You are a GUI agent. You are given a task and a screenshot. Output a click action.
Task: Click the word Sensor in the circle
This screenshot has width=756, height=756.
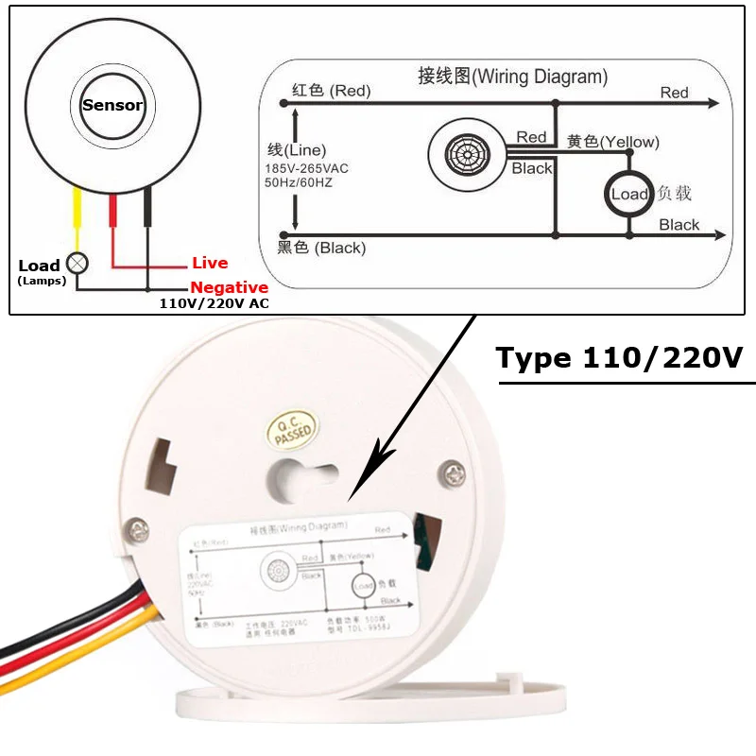pyautogui.click(x=112, y=105)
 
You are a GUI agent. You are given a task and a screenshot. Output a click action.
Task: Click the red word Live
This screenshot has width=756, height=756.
pyautogui.click(x=210, y=264)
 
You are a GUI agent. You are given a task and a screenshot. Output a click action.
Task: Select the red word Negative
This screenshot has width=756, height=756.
pyautogui.click(x=230, y=287)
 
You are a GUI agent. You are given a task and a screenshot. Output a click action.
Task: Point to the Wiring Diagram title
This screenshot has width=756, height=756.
pyautogui.click(x=512, y=77)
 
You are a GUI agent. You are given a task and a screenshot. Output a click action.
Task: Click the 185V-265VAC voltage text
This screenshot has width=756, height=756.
pyautogui.click(x=306, y=168)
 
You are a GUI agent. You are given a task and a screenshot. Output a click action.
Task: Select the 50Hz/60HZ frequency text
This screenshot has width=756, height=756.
pyautogui.click(x=299, y=182)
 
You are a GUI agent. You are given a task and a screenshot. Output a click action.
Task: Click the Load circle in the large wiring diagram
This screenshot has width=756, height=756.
pyautogui.click(x=628, y=194)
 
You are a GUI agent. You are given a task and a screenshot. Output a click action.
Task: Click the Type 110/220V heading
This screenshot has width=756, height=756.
pyautogui.click(x=620, y=359)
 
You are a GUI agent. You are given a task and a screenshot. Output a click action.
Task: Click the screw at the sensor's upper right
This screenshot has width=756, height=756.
pyautogui.click(x=456, y=469)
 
